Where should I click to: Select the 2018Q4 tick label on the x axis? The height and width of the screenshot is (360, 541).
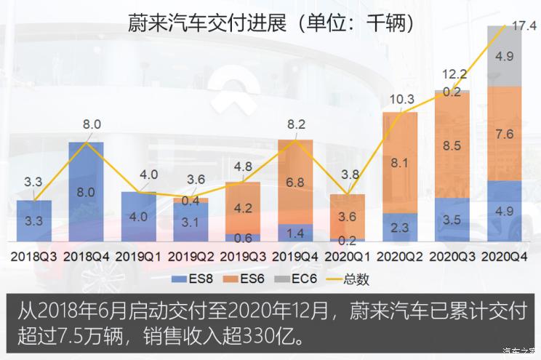87,256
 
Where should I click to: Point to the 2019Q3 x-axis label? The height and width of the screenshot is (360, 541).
243,256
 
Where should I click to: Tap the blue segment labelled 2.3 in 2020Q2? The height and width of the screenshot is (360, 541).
399,227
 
